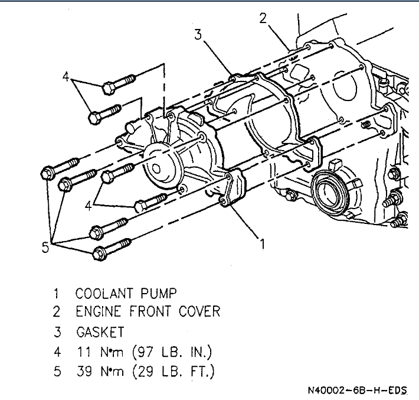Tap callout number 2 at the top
[263, 18]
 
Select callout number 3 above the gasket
[198, 35]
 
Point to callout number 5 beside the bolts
[45, 248]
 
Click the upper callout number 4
[66, 76]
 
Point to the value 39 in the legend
[83, 372]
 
